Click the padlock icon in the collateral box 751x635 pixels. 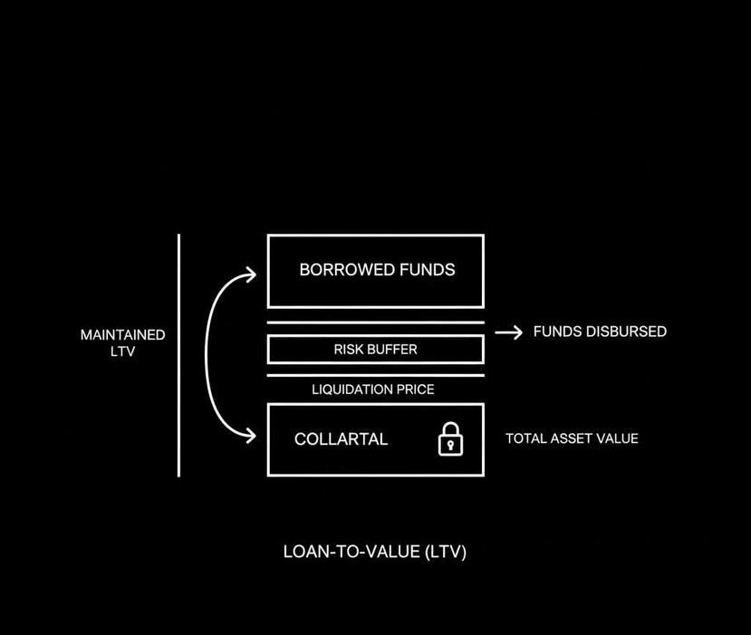[450, 440]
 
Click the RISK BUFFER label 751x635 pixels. [375, 349]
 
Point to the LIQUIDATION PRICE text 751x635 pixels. [373, 390]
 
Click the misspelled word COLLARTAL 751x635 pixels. [341, 439]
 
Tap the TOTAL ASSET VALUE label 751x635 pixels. [572, 438]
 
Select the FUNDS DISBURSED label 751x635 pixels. [600, 332]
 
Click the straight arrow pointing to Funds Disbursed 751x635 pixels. [509, 332]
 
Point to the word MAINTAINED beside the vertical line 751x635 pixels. [122, 335]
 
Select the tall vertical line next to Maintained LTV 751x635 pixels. [178, 354]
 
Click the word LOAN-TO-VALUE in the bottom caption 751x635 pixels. [351, 551]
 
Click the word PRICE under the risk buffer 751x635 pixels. [415, 390]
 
